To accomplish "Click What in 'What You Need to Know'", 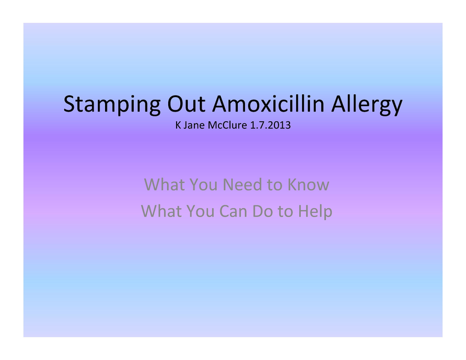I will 164,184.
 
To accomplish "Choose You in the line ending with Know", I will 204,184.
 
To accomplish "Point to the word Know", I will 308,184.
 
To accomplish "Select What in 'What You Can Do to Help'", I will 160,211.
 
